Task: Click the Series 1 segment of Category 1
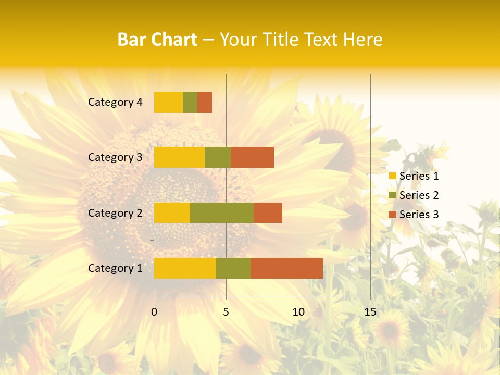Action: [x=185, y=268]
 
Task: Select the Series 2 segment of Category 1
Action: [x=233, y=268]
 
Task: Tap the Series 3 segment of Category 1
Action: [x=286, y=268]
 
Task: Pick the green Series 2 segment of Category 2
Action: [x=222, y=213]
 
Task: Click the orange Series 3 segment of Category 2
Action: [x=268, y=213]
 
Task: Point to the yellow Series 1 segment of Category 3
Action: [x=179, y=157]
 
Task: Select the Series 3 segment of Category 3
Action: [x=252, y=157]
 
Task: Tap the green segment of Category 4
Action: [x=190, y=102]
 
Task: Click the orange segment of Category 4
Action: [x=205, y=102]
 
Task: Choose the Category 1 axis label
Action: [x=115, y=268]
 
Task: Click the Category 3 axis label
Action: [x=115, y=157]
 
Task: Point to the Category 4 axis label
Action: [x=115, y=102]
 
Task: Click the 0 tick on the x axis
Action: [x=154, y=312]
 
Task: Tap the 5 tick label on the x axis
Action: [x=226, y=312]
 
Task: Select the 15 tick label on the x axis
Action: [x=370, y=312]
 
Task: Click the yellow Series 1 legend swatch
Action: [x=392, y=176]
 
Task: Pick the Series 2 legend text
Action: [x=419, y=195]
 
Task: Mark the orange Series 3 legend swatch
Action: [x=392, y=215]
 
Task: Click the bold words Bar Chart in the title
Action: [x=157, y=40]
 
